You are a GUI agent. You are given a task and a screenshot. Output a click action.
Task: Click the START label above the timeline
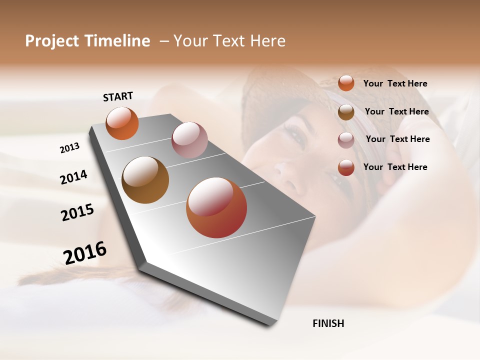click(x=118, y=96)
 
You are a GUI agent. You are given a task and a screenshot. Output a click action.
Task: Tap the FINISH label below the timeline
click(x=328, y=323)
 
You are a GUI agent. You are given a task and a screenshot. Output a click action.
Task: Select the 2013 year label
click(x=69, y=148)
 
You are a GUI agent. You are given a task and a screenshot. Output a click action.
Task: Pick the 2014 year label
click(x=73, y=177)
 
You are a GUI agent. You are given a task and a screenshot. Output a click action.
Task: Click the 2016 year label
click(x=85, y=252)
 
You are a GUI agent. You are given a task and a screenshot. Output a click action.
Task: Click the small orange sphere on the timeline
click(x=122, y=123)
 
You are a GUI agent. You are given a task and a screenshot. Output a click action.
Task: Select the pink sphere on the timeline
click(x=189, y=140)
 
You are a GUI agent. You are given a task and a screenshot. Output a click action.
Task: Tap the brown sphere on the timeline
click(x=145, y=180)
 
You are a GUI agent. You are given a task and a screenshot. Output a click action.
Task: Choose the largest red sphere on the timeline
click(x=216, y=207)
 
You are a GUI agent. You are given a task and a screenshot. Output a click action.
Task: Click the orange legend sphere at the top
click(x=346, y=83)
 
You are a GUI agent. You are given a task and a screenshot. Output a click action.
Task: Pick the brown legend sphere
click(x=346, y=112)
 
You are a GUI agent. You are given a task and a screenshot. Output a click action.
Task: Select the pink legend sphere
click(x=346, y=140)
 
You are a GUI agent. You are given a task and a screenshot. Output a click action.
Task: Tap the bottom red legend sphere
click(x=346, y=167)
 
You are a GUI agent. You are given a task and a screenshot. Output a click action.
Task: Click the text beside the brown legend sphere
click(x=396, y=111)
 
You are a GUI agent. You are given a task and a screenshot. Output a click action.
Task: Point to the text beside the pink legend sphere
click(x=397, y=139)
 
